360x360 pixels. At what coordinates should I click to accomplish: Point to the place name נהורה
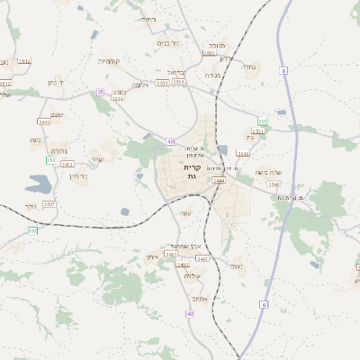pyautogui.click(x=59, y=150)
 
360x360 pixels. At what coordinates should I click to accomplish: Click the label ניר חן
pyautogui.click(x=77, y=176)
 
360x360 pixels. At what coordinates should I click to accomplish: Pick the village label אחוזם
pyautogui.click(x=202, y=298)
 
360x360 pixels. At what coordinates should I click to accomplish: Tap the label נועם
pyautogui.click(x=237, y=265)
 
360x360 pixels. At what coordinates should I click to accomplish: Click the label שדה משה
pyautogui.click(x=269, y=173)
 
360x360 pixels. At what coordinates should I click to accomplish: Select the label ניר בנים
pyautogui.click(x=168, y=42)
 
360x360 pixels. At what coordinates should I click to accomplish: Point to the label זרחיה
pyautogui.click(x=148, y=19)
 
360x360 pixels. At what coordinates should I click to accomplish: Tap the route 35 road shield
pyautogui.click(x=101, y=92)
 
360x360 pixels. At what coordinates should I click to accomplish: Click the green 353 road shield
pyautogui.click(x=263, y=121)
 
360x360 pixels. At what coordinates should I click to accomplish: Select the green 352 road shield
pyautogui.click(x=50, y=160)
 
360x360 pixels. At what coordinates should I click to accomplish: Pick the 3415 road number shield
pyautogui.click(x=44, y=121)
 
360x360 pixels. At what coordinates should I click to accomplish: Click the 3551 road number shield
pyautogui.click(x=257, y=131)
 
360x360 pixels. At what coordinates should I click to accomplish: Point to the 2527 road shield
pyautogui.click(x=49, y=204)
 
